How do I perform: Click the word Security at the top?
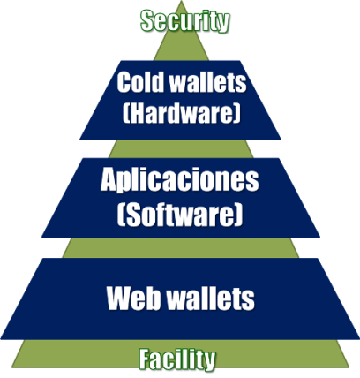(x=184, y=20)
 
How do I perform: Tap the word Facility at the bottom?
(x=177, y=359)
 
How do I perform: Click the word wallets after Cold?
(x=208, y=82)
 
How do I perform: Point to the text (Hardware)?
(x=182, y=113)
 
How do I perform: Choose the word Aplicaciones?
(x=180, y=179)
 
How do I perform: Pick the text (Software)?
(x=180, y=215)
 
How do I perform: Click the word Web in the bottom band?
(x=134, y=298)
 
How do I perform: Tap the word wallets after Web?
(x=211, y=298)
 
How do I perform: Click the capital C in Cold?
(x=124, y=82)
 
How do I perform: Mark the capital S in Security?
(x=147, y=20)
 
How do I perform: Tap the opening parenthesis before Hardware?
(x=126, y=114)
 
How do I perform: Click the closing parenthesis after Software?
(x=239, y=215)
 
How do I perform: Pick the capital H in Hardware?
(x=138, y=113)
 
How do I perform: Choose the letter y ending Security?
(x=223, y=23)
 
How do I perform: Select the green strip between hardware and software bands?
(x=181, y=149)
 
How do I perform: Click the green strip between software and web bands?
(x=181, y=247)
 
